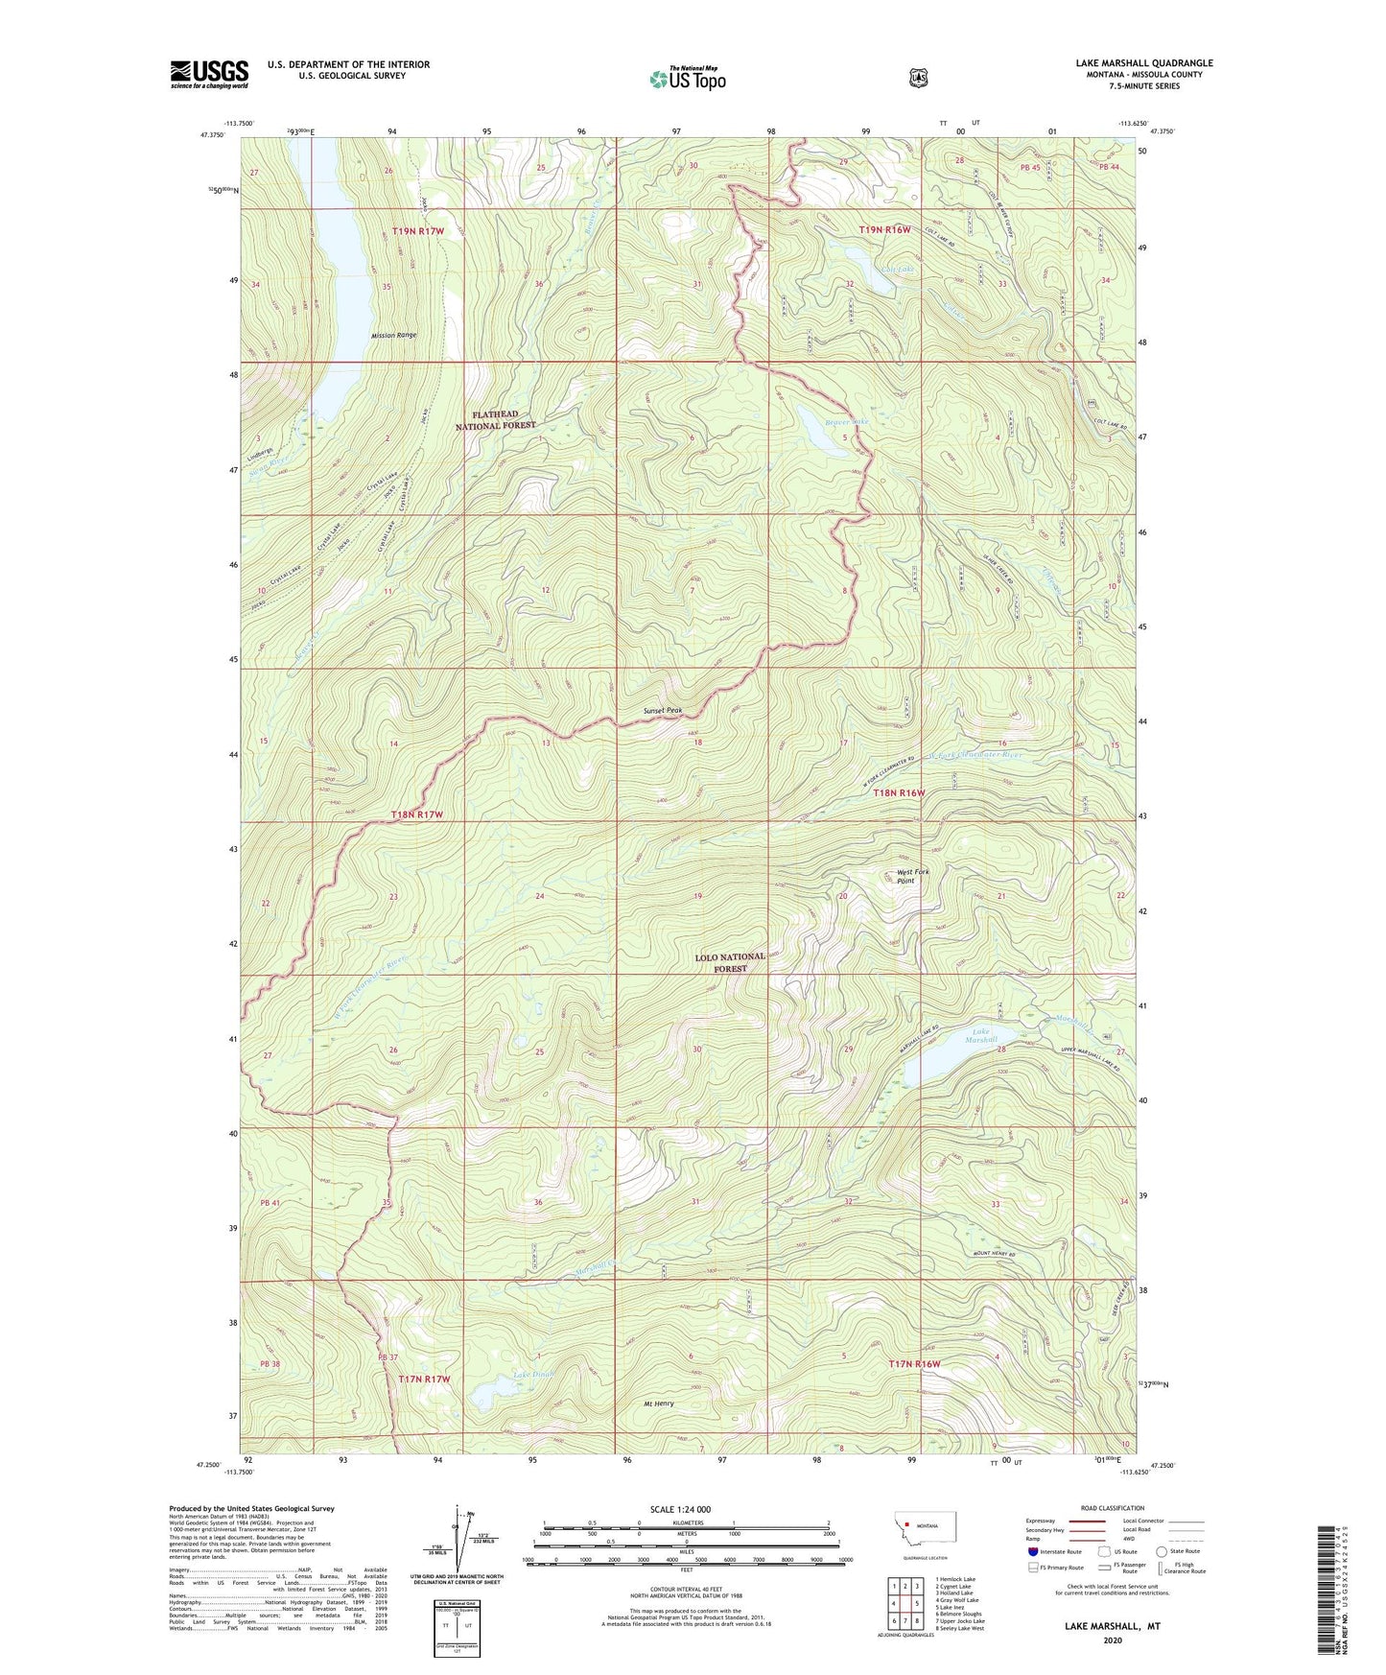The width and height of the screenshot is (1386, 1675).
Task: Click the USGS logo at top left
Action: (x=209, y=74)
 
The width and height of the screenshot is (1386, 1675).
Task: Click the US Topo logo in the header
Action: (x=688, y=79)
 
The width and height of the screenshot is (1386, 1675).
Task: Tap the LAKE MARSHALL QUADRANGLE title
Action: (x=1143, y=63)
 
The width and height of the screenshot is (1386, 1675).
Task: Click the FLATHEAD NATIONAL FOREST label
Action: (x=495, y=419)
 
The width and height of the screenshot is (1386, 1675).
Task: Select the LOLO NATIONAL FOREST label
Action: (x=730, y=962)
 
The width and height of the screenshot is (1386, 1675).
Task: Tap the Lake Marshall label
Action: (x=980, y=1036)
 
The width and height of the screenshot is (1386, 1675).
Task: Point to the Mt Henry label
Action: (x=657, y=1404)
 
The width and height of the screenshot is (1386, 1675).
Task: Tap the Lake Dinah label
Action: (x=533, y=1375)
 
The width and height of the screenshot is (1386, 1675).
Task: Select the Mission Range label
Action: (x=394, y=335)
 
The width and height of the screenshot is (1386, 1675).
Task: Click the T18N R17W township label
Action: (x=417, y=814)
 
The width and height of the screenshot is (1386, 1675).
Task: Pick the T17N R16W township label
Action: (x=914, y=1363)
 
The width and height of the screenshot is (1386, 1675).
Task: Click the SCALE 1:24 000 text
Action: (x=680, y=1509)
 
